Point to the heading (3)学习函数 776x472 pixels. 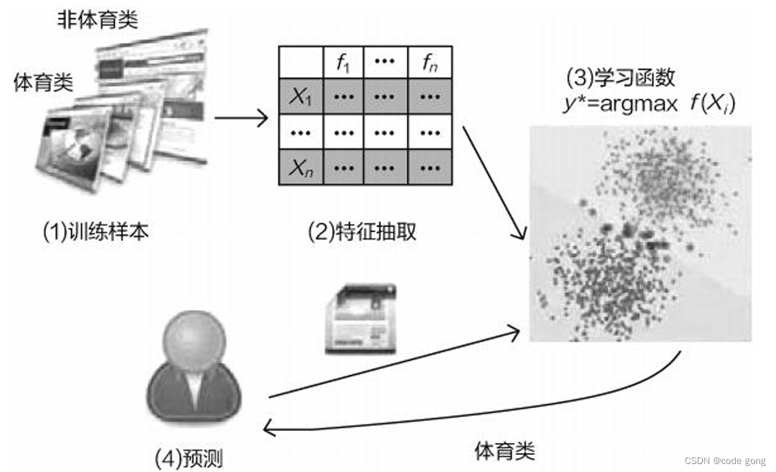621,78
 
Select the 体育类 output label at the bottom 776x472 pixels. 505,451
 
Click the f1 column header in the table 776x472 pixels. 343,63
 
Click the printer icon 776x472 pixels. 361,319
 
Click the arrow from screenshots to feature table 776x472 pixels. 241,119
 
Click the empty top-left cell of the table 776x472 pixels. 300,63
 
